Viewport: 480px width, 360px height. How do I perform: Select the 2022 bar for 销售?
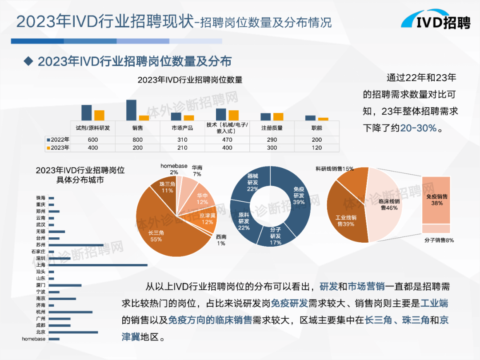pos(131,110)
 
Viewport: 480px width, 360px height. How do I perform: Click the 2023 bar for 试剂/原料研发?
pos(99,115)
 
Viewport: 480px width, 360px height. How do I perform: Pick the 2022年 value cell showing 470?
pos(227,140)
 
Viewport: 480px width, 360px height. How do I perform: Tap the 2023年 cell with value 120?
pos(316,148)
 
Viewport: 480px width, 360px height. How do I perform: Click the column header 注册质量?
pos(272,128)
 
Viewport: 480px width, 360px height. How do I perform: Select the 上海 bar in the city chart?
pos(98,265)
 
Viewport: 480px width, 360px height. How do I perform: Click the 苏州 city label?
pos(40,245)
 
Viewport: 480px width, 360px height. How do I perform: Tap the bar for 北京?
pos(73,332)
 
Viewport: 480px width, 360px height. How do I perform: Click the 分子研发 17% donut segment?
pos(276,236)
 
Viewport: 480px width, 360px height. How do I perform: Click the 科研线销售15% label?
pos(334,168)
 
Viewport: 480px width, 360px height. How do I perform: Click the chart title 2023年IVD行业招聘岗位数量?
pos(190,80)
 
